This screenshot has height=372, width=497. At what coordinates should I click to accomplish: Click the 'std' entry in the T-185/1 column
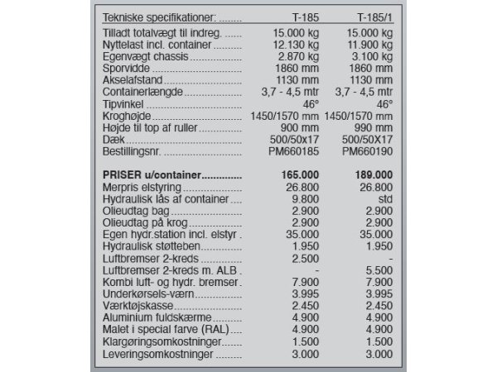click(x=383, y=200)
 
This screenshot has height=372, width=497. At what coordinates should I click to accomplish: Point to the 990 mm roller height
click(x=375, y=129)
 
